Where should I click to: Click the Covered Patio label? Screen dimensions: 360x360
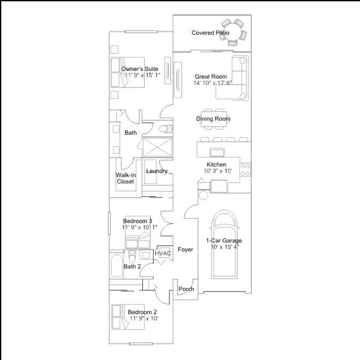tap(210, 33)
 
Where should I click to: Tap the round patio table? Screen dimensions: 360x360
tap(233, 32)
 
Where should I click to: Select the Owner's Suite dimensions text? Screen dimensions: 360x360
tap(142, 75)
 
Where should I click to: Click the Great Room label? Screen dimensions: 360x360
tap(211, 76)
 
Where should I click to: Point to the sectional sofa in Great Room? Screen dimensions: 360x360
tap(232, 78)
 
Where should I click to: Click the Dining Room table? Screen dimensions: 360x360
tap(214, 119)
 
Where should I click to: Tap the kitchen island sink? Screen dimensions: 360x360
tap(217, 152)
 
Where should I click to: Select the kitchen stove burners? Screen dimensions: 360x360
tap(245, 170)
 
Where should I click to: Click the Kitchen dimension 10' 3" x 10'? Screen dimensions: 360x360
tap(218, 171)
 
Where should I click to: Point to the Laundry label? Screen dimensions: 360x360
tap(157, 171)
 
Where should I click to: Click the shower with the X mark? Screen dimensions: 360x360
tap(157, 147)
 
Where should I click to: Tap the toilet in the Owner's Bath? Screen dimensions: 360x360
tap(165, 129)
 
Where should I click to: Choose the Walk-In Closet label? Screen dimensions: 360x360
tap(125, 178)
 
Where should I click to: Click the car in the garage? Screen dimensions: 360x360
tap(224, 244)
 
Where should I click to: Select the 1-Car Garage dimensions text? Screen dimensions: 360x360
tap(225, 247)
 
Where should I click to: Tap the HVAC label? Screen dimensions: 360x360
tap(163, 254)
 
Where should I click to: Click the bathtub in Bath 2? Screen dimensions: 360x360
tap(116, 265)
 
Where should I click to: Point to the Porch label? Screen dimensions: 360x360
tap(186, 289)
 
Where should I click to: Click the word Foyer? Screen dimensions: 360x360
tap(186, 250)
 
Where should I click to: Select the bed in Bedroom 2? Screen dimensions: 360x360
tap(128, 317)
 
